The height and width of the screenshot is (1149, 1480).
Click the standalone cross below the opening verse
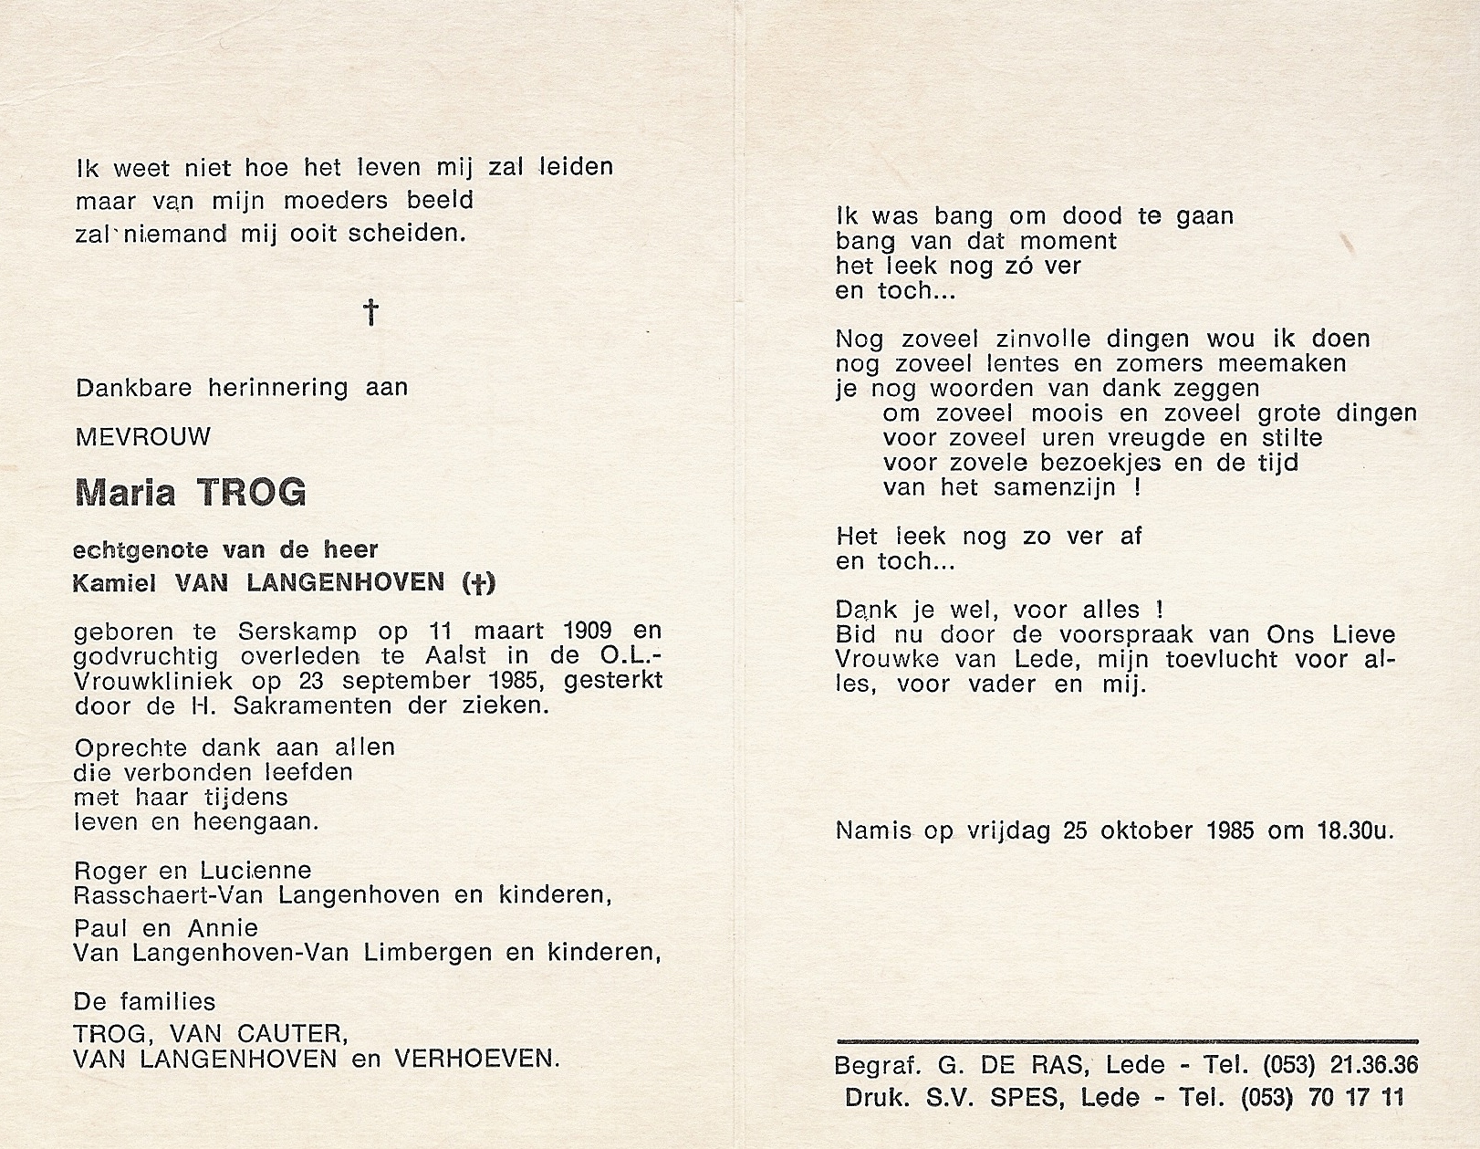point(371,313)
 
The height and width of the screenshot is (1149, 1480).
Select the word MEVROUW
point(143,437)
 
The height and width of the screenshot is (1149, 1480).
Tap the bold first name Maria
point(125,493)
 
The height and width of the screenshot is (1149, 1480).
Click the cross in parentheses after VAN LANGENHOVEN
point(479,583)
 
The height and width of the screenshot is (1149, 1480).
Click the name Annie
point(224,928)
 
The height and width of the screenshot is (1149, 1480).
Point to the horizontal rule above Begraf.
point(1126,1040)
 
